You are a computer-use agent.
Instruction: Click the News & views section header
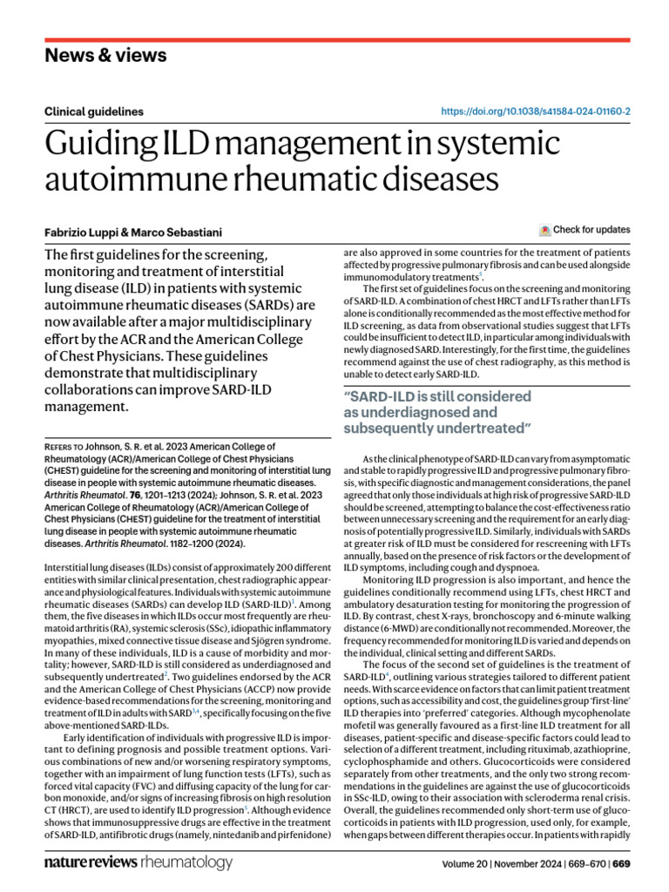[105, 56]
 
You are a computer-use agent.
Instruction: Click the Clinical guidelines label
[93, 111]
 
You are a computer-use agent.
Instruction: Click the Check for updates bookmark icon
[545, 230]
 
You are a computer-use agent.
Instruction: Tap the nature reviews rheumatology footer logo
[139, 862]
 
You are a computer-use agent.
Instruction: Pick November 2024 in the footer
[522, 864]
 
